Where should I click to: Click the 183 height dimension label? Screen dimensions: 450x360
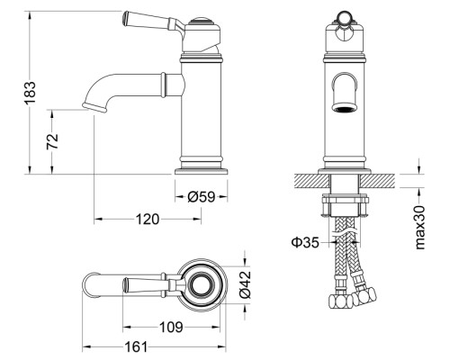pyautogui.click(x=31, y=93)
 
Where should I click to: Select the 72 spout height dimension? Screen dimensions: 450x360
pyautogui.click(x=52, y=141)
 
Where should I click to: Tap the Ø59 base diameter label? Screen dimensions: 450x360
pyautogui.click(x=202, y=197)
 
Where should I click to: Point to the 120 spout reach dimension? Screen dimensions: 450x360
pyautogui.click(x=148, y=219)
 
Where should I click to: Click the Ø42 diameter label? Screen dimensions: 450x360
pyautogui.click(x=245, y=285)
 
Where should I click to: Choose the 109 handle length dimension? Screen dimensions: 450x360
pyautogui.click(x=171, y=327)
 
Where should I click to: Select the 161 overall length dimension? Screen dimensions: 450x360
pyautogui.click(x=137, y=347)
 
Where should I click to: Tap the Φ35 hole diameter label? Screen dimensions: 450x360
pyautogui.click(x=305, y=242)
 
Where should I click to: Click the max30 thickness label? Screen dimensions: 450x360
pyautogui.click(x=420, y=228)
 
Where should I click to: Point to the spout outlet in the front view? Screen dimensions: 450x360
pyautogui.click(x=345, y=107)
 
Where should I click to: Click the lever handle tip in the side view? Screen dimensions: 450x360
pyautogui.click(x=126, y=17)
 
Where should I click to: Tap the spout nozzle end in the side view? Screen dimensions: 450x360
pyautogui.click(x=94, y=107)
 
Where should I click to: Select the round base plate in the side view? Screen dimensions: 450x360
pyautogui.click(x=202, y=171)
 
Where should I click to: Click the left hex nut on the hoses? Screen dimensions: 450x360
pyautogui.click(x=340, y=301)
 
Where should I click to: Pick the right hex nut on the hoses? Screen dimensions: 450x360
pyautogui.click(x=364, y=296)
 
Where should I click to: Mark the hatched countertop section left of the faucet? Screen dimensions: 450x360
pyautogui.click(x=311, y=181)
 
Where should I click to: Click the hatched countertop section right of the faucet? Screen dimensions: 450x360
pyautogui.click(x=377, y=181)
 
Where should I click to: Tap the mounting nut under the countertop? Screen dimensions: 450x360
pyautogui.click(x=345, y=205)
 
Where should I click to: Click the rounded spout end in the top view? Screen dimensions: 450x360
pyautogui.click(x=84, y=284)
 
